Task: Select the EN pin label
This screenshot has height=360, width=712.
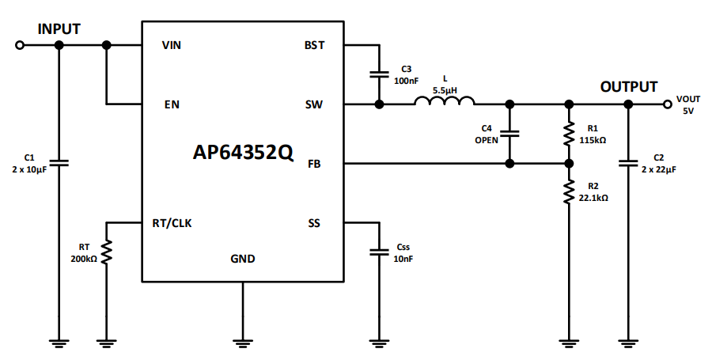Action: click(x=171, y=104)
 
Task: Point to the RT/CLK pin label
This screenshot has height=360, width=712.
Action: click(x=172, y=222)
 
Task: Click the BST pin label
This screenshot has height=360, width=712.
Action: click(x=314, y=45)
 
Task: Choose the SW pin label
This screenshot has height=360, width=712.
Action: click(x=314, y=104)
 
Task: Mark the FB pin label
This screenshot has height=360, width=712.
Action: click(x=314, y=164)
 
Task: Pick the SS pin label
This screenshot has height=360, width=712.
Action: click(x=314, y=222)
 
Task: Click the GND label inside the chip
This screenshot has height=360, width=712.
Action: click(x=243, y=259)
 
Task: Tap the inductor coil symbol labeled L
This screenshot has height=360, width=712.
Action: click(x=445, y=101)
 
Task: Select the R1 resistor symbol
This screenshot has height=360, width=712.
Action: click(x=568, y=134)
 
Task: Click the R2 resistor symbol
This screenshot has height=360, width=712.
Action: click(x=568, y=192)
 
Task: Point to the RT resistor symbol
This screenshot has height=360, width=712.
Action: click(x=107, y=252)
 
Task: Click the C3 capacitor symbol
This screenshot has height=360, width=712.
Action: click(x=380, y=75)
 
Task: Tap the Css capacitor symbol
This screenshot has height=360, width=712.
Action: click(x=380, y=252)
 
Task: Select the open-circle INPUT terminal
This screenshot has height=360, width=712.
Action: click(x=20, y=45)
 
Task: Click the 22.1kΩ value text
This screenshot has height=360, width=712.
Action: click(x=593, y=198)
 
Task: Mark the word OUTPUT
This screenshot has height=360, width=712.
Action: click(x=628, y=87)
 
